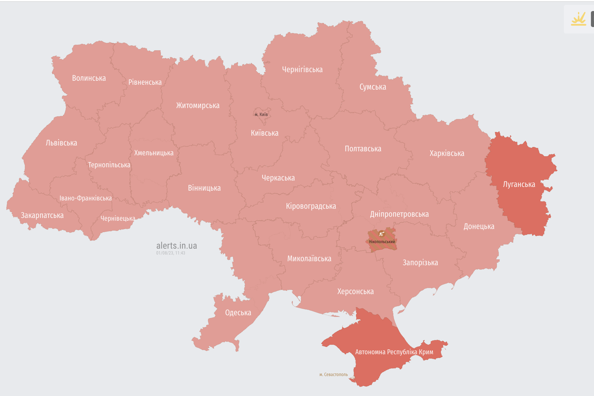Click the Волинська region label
tap(89, 78)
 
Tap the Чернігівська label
tap(302, 70)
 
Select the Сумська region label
tap(373, 87)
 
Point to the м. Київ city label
tap(261, 115)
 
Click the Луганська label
tap(519, 184)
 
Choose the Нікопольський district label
tap(382, 242)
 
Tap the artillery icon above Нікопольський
tap(382, 234)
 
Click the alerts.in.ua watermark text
tap(176, 246)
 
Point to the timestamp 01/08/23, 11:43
tap(171, 253)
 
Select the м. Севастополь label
tap(334, 375)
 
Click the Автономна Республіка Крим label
tap(394, 352)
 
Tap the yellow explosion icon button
tap(578, 19)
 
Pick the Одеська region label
tap(238, 313)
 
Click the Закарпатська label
tap(42, 215)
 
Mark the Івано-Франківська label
tap(85, 198)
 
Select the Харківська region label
tap(447, 153)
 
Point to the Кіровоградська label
tap(311, 206)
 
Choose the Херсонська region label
tap(355, 292)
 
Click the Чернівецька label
tap(118, 219)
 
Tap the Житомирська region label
tap(198, 106)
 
